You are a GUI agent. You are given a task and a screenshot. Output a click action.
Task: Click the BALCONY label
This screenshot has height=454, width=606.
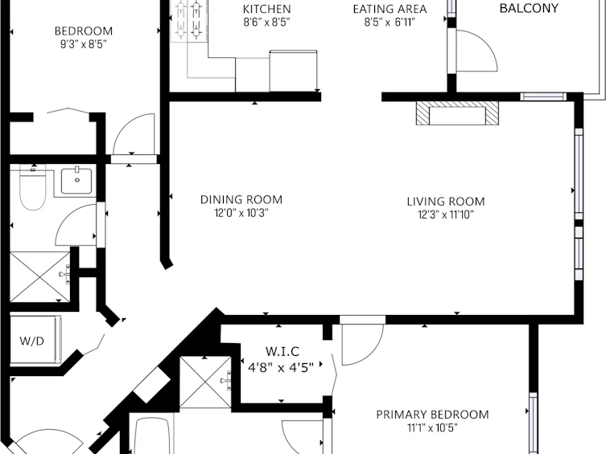[x=529, y=8]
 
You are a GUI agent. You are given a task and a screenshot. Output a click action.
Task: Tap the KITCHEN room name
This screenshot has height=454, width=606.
[x=266, y=9]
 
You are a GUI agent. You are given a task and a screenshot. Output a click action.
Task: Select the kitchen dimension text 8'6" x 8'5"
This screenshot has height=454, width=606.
[x=266, y=22]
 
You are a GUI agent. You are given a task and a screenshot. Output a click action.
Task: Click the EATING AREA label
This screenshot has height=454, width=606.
[x=390, y=9]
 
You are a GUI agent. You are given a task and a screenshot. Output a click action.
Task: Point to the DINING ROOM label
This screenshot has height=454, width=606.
[x=241, y=199]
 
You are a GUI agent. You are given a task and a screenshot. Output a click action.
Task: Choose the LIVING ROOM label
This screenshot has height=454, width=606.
[x=446, y=202]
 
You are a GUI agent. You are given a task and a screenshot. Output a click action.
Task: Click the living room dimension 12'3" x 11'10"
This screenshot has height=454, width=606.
[x=446, y=215]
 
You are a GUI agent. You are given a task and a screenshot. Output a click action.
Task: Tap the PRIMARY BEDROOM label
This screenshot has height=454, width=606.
[x=432, y=415]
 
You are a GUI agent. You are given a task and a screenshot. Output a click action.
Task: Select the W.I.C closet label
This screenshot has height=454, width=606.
[x=282, y=351]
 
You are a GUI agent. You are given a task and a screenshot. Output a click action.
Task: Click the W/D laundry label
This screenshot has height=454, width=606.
[x=31, y=341]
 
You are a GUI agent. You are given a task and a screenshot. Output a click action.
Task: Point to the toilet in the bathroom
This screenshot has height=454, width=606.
[x=33, y=187]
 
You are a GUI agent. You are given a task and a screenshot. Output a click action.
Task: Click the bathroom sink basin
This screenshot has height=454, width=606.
[x=76, y=181]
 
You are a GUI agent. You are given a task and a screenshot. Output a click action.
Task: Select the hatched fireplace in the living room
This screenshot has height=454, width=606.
[x=457, y=113]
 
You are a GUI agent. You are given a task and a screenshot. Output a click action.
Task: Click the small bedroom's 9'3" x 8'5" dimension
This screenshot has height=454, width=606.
[x=83, y=44]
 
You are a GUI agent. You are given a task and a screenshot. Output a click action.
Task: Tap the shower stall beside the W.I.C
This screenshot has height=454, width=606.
[x=205, y=382]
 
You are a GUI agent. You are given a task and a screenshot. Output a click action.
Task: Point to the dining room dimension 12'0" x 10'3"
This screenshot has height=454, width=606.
[x=241, y=213]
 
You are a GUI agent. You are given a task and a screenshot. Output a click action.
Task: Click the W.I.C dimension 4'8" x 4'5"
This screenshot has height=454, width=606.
[x=281, y=367]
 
